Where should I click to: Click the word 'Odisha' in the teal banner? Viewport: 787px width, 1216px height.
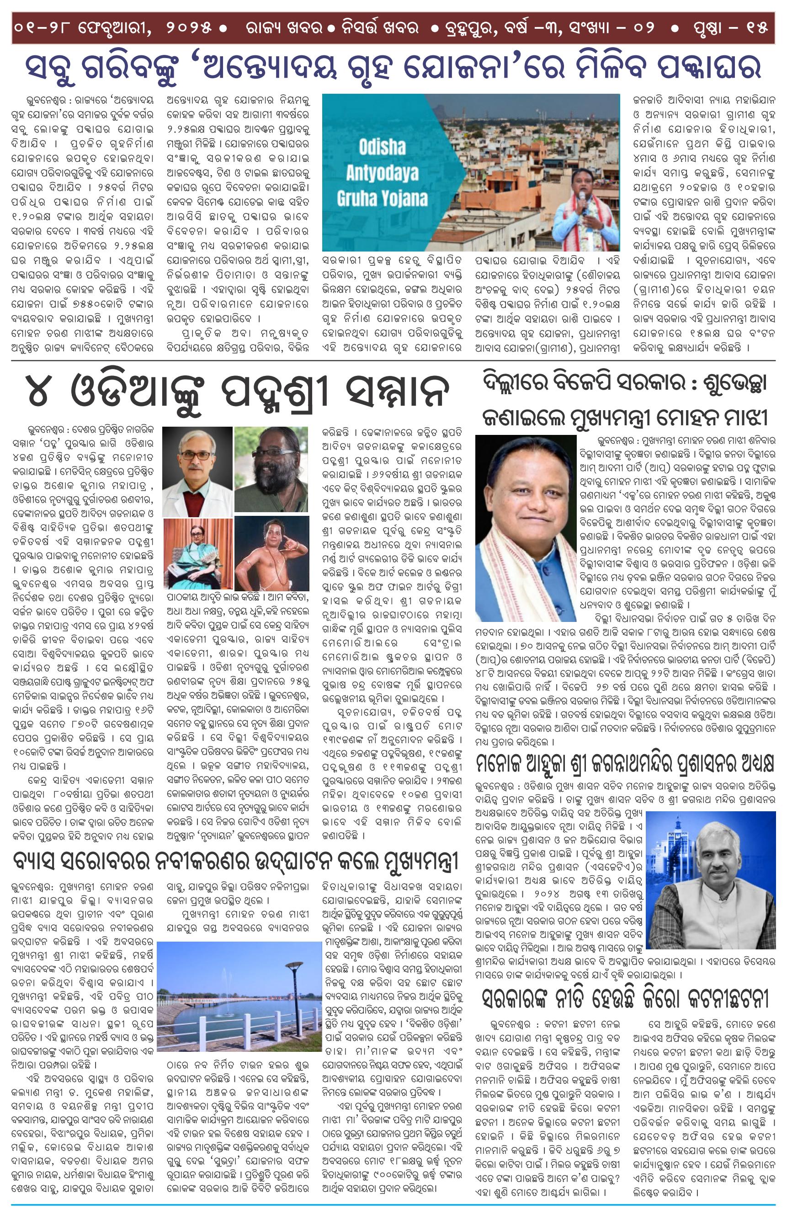click(x=382, y=148)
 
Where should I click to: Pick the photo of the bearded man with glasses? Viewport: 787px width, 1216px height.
click(x=271, y=470)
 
